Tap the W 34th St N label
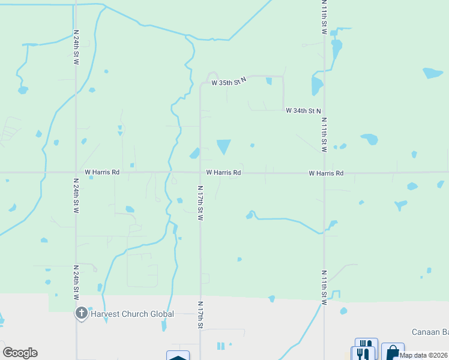pyautogui.click(x=303, y=111)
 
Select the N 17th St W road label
pyautogui.click(x=200, y=202)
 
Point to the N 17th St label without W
pyautogui.click(x=200, y=314)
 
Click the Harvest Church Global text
pyautogui.click(x=132, y=314)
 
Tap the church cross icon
pyautogui.click(x=82, y=313)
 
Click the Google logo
pyautogui.click(x=20, y=353)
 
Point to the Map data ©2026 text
pyautogui.click(x=423, y=355)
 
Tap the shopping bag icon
pyautogui.click(x=393, y=352)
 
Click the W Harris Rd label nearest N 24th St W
pyautogui.click(x=102, y=172)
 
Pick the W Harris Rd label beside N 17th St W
pyautogui.click(x=223, y=172)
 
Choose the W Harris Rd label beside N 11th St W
pyautogui.click(x=326, y=173)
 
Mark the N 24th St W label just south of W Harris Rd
pyautogui.click(x=76, y=196)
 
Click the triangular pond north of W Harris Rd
pyautogui.click(x=223, y=146)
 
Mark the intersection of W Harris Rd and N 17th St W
pyautogui.click(x=200, y=173)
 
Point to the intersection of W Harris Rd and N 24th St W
pyautogui.click(x=76, y=173)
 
